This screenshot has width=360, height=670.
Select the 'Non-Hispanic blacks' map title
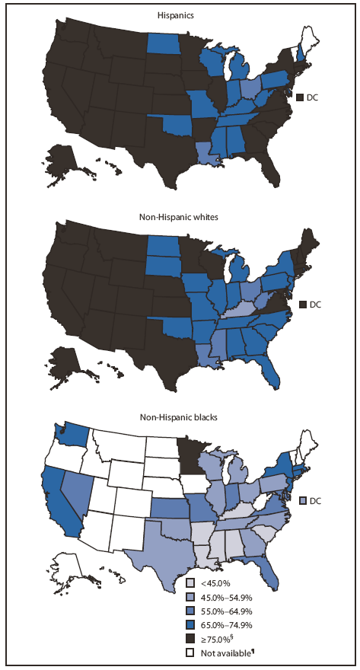point(180,417)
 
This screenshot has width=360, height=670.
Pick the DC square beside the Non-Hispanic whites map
point(301,305)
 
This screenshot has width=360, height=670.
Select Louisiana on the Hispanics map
point(205,152)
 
